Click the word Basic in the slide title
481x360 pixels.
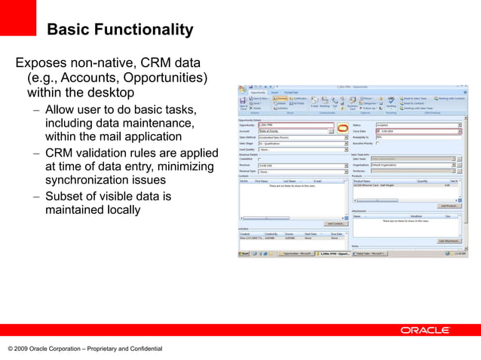pos(69,30)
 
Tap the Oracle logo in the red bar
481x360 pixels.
pos(425,330)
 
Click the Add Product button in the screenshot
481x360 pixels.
pos(449,206)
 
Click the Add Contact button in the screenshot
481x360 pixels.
pos(335,224)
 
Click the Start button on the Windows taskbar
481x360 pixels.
pos(245,254)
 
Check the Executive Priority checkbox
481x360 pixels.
pos(377,143)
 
